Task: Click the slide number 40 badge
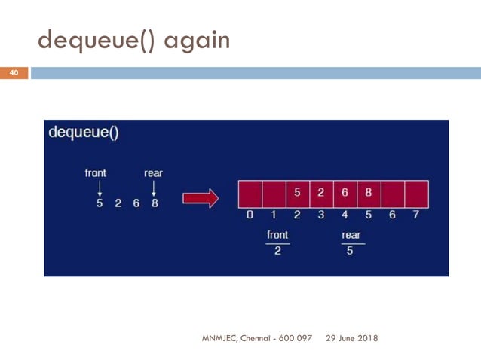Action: click(x=14, y=73)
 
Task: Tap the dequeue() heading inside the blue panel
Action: click(x=84, y=133)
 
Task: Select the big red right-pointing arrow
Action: click(x=201, y=198)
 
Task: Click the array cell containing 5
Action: click(x=297, y=194)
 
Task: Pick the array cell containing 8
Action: click(x=368, y=194)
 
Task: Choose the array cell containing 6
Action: click(x=345, y=194)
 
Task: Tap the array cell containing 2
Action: click(x=320, y=194)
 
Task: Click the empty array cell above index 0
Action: click(x=250, y=194)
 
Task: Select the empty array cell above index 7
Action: click(x=416, y=194)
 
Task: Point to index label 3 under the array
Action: click(x=320, y=215)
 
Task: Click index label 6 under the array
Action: click(x=392, y=215)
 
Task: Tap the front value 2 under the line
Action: click(x=277, y=251)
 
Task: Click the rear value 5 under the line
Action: click(x=350, y=251)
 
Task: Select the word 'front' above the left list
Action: click(x=96, y=173)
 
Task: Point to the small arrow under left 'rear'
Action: click(x=153, y=188)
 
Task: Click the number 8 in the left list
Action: click(x=155, y=203)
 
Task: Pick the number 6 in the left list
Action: click(x=136, y=203)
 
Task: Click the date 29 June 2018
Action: click(x=352, y=338)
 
